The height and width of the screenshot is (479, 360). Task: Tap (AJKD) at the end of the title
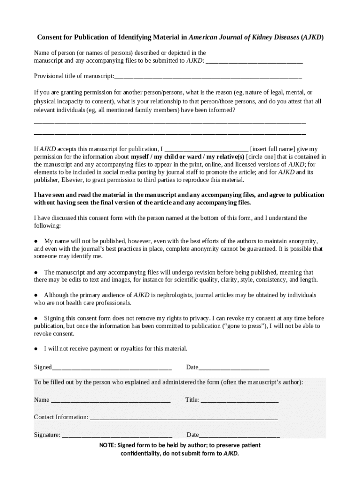tap(312, 37)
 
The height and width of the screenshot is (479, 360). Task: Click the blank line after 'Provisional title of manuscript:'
tap(208, 76)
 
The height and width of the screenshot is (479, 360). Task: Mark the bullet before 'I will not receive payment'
tap(36, 349)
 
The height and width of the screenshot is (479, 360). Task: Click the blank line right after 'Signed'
tap(112, 368)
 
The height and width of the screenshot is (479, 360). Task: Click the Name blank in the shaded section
tap(110, 400)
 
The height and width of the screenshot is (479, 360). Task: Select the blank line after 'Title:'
tap(239, 400)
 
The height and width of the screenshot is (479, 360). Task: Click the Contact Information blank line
tap(183, 417)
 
